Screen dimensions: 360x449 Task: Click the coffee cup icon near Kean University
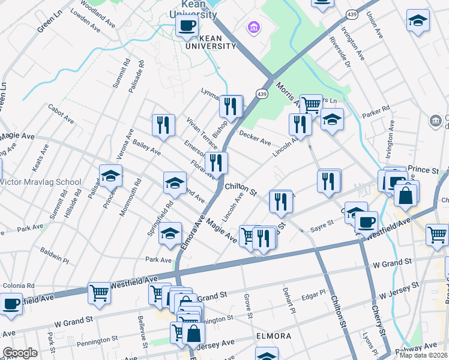coord(187,26)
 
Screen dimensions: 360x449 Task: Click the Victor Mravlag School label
coord(41,182)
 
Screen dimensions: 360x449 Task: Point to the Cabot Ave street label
coord(62,116)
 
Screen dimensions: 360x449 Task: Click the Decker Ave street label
coord(255,139)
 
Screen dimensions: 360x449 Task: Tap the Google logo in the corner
coord(20,353)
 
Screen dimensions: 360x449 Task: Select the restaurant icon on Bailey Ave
coord(163,125)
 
